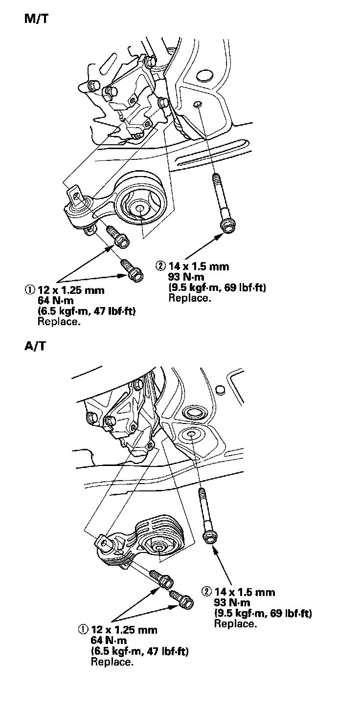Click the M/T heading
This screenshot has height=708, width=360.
(x=37, y=20)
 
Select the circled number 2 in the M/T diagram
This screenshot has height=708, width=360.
(x=160, y=266)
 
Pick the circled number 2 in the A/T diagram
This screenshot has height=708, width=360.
(x=206, y=592)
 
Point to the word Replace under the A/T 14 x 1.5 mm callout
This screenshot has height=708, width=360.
(x=235, y=624)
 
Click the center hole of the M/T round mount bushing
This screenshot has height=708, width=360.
(x=139, y=209)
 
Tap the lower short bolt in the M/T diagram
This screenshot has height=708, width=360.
(x=133, y=270)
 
